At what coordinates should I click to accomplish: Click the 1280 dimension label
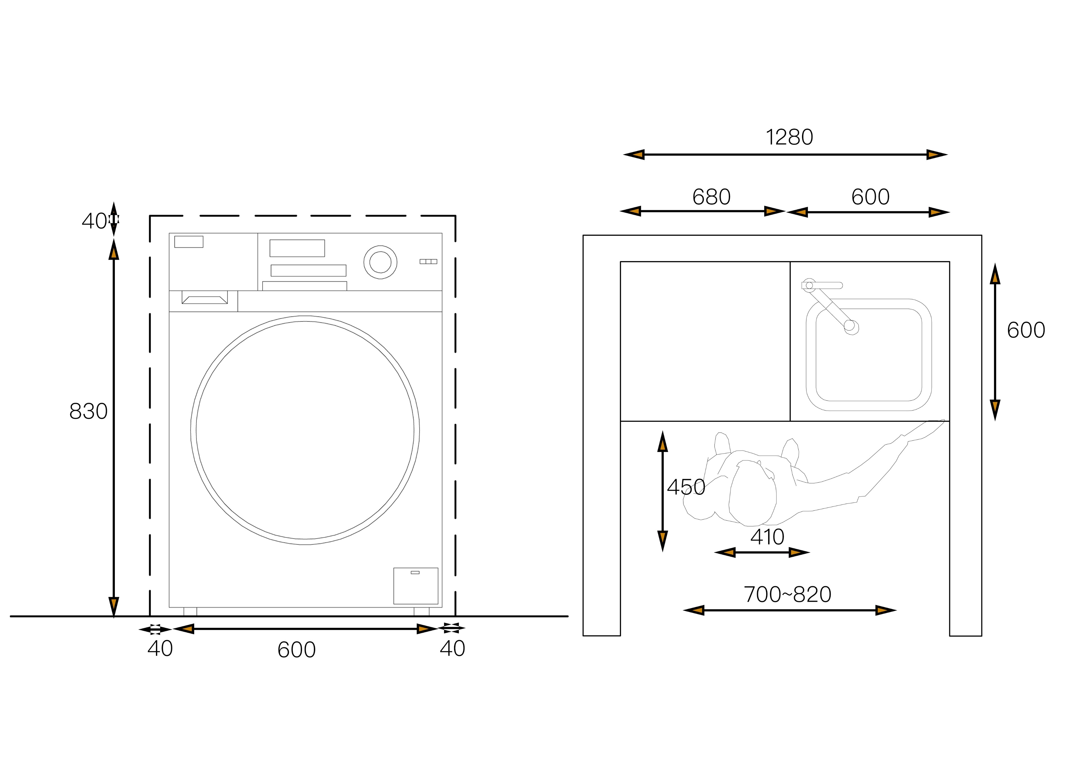(789, 137)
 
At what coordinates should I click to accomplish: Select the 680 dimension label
(712, 197)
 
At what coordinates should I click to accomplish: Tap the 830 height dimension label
(88, 411)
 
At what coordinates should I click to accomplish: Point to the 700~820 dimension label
(788, 594)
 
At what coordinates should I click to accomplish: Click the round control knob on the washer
(380, 262)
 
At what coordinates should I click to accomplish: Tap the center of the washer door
(305, 430)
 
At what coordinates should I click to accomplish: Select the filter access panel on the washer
(415, 586)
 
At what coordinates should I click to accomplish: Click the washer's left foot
(190, 612)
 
